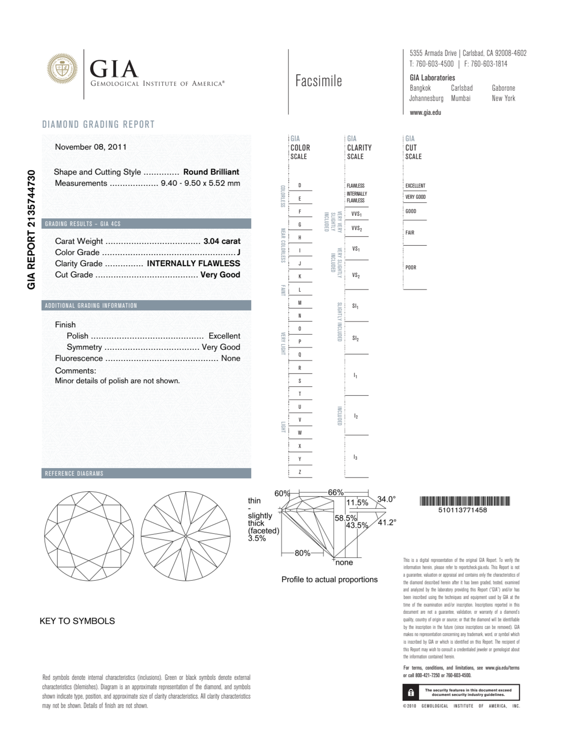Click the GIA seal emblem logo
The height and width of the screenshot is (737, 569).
point(62,69)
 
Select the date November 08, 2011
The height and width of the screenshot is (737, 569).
point(91,147)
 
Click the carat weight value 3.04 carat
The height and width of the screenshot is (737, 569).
point(222,241)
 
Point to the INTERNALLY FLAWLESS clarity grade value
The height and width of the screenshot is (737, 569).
point(193,263)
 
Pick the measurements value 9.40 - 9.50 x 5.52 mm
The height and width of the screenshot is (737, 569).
point(200,183)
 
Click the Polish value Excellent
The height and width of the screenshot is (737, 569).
point(224,336)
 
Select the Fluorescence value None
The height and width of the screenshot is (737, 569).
point(231,358)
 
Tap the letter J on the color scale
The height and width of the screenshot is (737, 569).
point(299,263)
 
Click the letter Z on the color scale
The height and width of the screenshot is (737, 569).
point(299,472)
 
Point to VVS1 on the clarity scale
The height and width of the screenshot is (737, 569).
point(356,214)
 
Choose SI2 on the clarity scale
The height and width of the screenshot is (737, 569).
point(355,338)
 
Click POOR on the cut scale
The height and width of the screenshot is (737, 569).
point(411,267)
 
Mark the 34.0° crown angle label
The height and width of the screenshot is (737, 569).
point(386,499)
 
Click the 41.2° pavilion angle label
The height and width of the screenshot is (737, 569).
point(387,523)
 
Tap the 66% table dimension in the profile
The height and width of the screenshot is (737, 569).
point(336,493)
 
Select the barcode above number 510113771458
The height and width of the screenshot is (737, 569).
point(464,501)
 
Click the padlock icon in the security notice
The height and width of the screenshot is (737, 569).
point(411,693)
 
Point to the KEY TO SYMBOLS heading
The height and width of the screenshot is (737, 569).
point(77,621)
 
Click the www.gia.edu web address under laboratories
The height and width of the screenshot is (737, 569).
point(425,113)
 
